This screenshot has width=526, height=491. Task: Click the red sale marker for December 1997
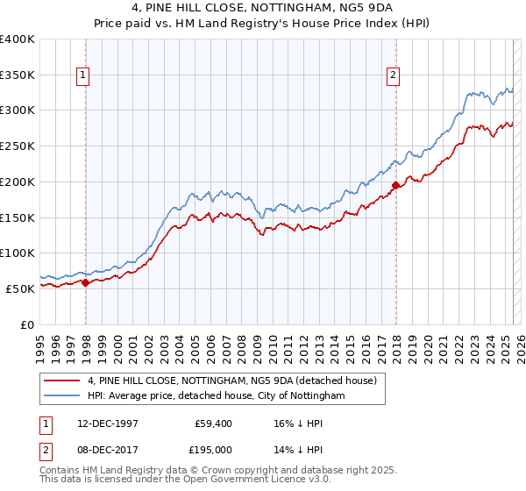(86, 282)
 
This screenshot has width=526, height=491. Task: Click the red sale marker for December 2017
(395, 185)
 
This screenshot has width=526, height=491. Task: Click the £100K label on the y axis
(18, 253)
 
